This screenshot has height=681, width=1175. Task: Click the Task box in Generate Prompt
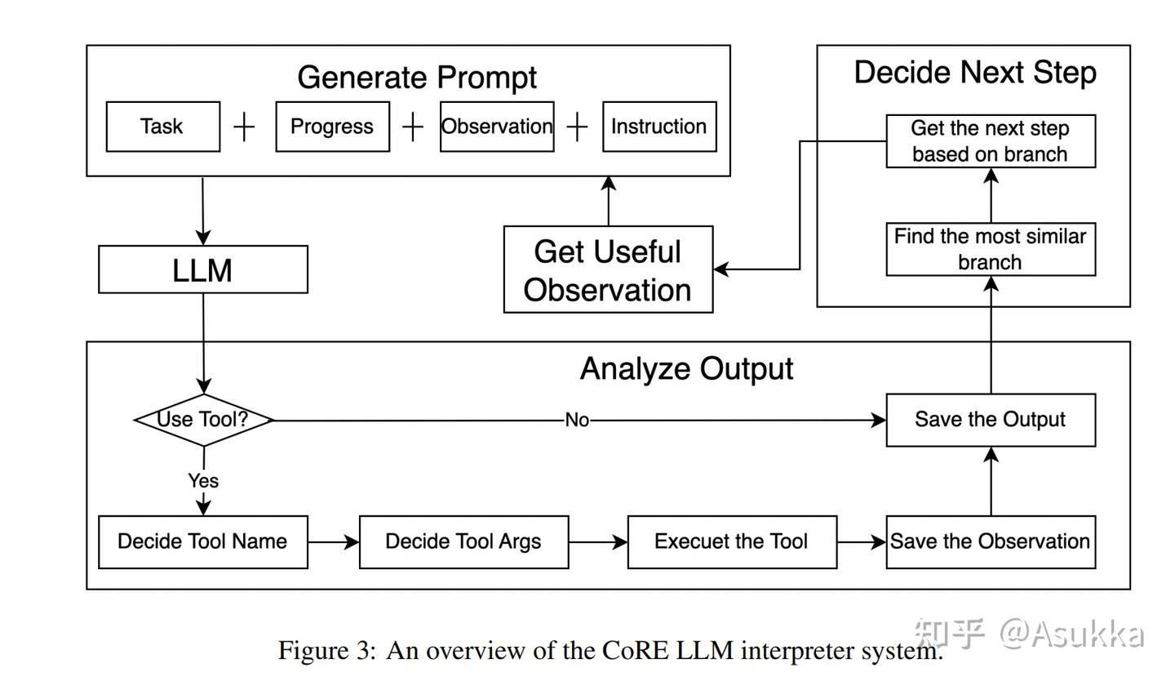click(162, 127)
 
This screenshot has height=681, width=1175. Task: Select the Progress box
click(332, 127)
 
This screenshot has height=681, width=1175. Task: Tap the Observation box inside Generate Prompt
click(496, 127)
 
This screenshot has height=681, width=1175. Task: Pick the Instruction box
click(659, 127)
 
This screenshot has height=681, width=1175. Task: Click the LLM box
click(202, 269)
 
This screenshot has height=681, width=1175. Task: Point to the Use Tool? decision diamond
click(203, 420)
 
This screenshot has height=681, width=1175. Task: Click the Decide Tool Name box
click(202, 541)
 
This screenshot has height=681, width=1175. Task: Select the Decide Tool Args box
click(463, 541)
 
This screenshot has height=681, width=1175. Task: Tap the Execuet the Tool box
click(732, 541)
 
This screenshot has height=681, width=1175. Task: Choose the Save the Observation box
click(991, 541)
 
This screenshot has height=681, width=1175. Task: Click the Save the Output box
click(991, 420)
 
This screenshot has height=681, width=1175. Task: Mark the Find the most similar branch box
click(991, 249)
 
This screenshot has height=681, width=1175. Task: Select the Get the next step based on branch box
click(991, 141)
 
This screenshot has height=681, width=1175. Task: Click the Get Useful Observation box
click(608, 269)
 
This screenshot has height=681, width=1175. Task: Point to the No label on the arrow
click(577, 420)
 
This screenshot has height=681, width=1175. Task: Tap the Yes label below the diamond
click(203, 481)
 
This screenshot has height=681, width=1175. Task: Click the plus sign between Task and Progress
click(244, 127)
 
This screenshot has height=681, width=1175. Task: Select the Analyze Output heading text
click(686, 369)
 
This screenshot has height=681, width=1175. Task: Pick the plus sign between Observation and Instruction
click(577, 127)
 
